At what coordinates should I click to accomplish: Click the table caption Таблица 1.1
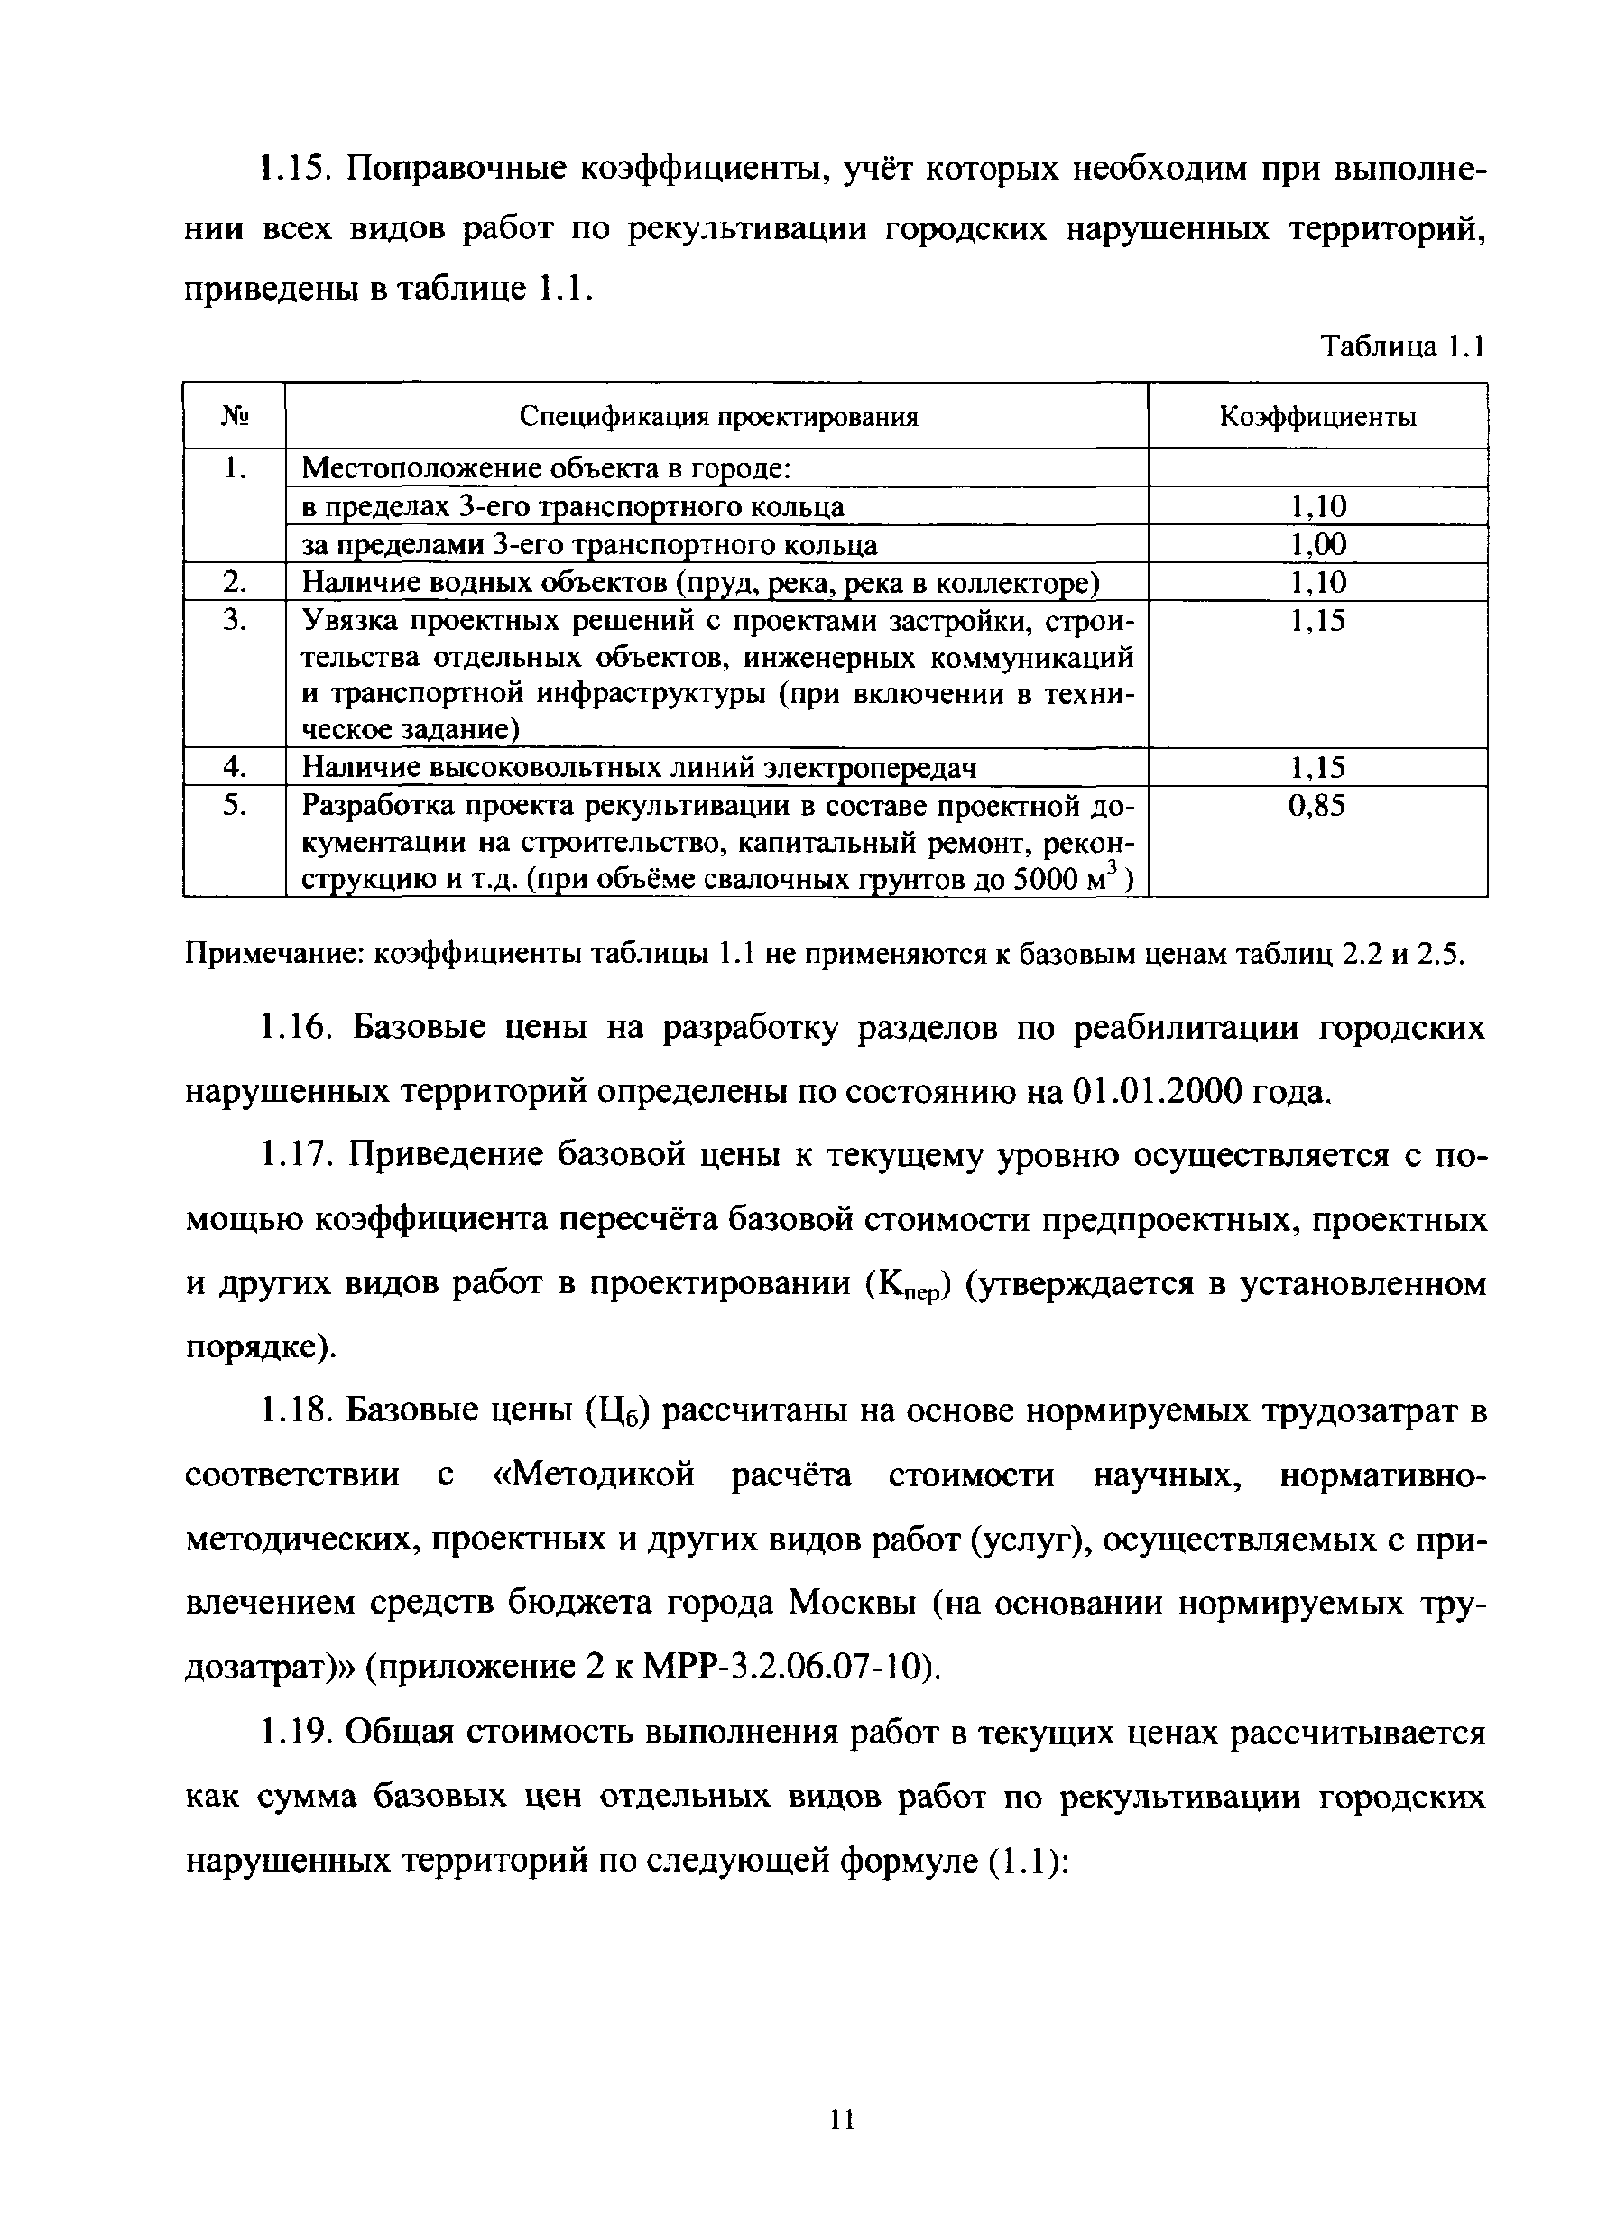1401,347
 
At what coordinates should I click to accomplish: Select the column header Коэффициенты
1317,417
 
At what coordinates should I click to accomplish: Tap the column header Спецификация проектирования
718,417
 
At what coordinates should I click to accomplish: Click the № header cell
235,417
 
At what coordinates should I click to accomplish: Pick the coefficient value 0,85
1316,806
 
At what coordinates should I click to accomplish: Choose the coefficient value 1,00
1317,544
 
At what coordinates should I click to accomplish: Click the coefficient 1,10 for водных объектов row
1317,583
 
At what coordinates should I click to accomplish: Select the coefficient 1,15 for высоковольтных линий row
1317,767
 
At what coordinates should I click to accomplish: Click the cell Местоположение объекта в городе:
546,468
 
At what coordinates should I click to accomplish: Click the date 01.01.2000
1155,1091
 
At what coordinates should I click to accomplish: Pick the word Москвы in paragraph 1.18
853,1604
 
